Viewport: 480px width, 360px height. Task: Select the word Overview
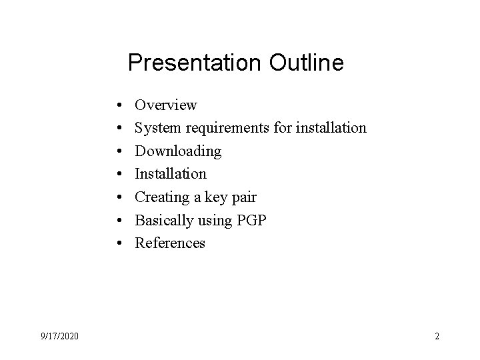(x=166, y=105)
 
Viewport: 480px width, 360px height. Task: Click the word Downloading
(x=178, y=151)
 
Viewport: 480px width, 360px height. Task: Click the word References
(x=170, y=243)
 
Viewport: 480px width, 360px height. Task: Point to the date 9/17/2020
(x=59, y=337)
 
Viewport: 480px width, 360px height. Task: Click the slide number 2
(x=437, y=337)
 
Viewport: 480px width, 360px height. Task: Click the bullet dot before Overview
(x=117, y=105)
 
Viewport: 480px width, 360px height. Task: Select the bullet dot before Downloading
(x=117, y=151)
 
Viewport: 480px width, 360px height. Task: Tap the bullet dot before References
(x=117, y=243)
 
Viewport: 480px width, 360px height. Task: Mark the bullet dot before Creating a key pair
(x=117, y=197)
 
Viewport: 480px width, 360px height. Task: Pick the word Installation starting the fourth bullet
(x=171, y=173)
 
